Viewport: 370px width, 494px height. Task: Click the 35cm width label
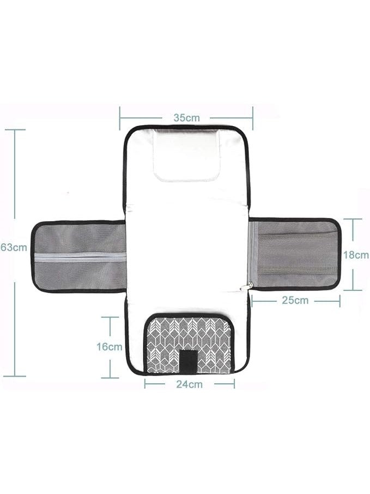(186, 117)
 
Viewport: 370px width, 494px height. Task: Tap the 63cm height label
(14, 247)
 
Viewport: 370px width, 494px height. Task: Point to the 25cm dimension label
(295, 300)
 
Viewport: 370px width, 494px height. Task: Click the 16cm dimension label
(110, 347)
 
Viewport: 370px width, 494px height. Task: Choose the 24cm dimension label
(189, 384)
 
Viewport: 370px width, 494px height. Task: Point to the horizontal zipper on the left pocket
(80, 257)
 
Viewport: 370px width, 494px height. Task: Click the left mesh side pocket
(79, 257)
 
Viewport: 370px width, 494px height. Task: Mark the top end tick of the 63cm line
(15, 130)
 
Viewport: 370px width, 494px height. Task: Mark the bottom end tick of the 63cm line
(15, 376)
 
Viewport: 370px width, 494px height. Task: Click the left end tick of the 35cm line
(120, 117)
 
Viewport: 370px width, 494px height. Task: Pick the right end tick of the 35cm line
(252, 117)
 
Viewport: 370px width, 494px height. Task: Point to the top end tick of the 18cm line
(353, 219)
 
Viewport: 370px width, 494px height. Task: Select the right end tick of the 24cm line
(234, 384)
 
